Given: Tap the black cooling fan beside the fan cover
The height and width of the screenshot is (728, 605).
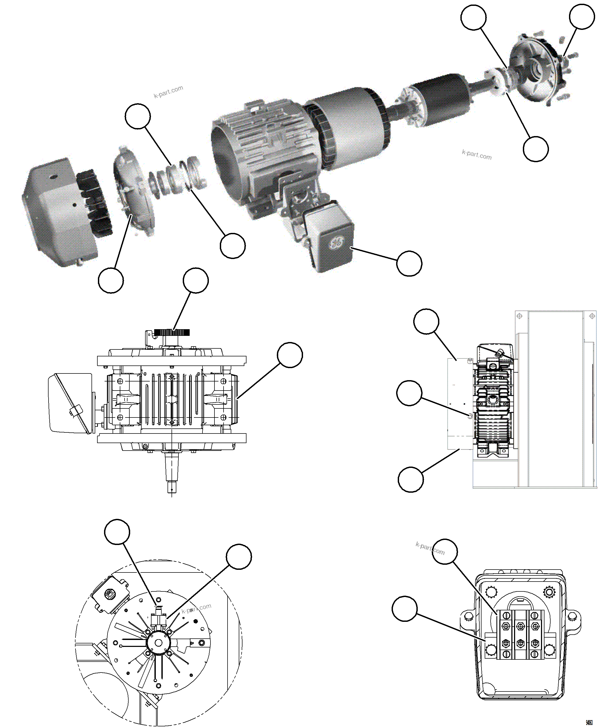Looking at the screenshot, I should click(93, 201).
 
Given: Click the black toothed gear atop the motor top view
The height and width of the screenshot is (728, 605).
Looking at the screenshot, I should click(172, 333).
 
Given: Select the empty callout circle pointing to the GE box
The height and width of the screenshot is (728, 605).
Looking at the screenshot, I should click(409, 264).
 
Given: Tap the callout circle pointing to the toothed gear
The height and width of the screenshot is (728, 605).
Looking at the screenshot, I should click(196, 280).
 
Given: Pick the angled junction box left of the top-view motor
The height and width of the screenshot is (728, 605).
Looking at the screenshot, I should click(69, 403).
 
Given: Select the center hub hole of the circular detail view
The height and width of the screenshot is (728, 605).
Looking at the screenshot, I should click(158, 643).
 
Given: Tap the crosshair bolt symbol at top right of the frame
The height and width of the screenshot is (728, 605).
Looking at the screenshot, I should click(592, 316).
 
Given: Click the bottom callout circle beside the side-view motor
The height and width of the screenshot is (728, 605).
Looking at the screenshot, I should click(411, 479).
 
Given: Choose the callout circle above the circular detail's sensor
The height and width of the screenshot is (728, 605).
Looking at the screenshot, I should click(117, 531).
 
